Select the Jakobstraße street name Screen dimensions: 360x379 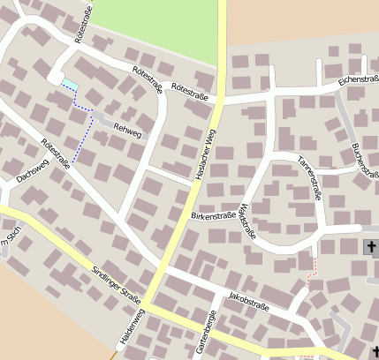[247, 299]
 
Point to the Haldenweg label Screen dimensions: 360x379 [125, 330]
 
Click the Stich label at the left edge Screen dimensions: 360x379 [10, 234]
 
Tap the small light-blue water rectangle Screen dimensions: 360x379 [68, 84]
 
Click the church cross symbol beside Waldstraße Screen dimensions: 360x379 [369, 249]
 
